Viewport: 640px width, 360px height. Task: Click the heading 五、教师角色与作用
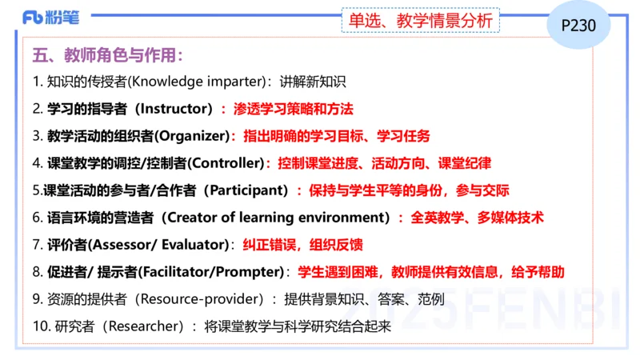pos(108,56)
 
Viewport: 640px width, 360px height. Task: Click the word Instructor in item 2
pos(175,108)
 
